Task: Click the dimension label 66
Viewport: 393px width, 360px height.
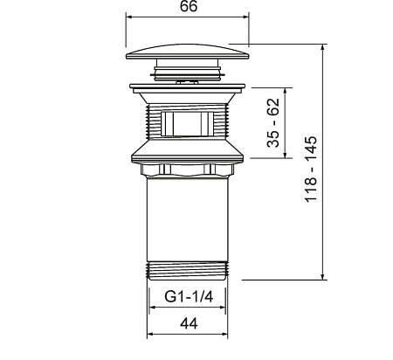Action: (x=189, y=6)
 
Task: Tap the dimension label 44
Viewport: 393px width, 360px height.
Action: (x=189, y=323)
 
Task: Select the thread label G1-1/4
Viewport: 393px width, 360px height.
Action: (x=189, y=297)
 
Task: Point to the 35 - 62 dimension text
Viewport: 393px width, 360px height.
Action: (x=273, y=123)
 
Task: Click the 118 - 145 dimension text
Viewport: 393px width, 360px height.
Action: (x=311, y=170)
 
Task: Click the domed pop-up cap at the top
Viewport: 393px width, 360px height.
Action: (x=188, y=52)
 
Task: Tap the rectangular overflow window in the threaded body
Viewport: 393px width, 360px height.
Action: (x=188, y=124)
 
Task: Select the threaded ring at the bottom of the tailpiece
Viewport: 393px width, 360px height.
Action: (x=188, y=271)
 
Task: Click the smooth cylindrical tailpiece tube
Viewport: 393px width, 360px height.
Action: (x=188, y=219)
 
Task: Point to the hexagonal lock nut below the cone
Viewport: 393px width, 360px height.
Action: (x=188, y=170)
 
